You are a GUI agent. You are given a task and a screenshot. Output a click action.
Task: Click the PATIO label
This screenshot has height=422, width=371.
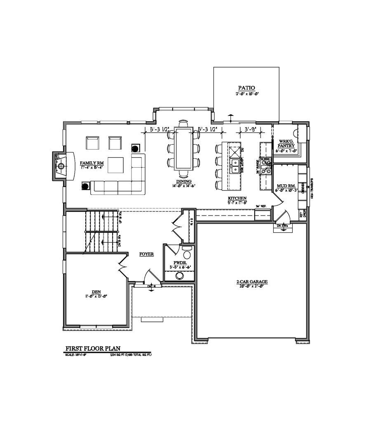point(247,88)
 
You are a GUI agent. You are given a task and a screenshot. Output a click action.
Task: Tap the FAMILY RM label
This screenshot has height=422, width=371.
point(92,163)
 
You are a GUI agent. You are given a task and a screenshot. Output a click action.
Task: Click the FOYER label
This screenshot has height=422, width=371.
point(146,254)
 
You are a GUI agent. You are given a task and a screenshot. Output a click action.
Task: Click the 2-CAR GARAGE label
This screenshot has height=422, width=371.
point(252,282)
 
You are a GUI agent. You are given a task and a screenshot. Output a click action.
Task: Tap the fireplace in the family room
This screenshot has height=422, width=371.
point(61,166)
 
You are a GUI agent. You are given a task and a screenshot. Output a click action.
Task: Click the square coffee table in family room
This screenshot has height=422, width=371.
point(115,165)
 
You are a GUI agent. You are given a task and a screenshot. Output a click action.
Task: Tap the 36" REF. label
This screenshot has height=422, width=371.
point(260,206)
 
